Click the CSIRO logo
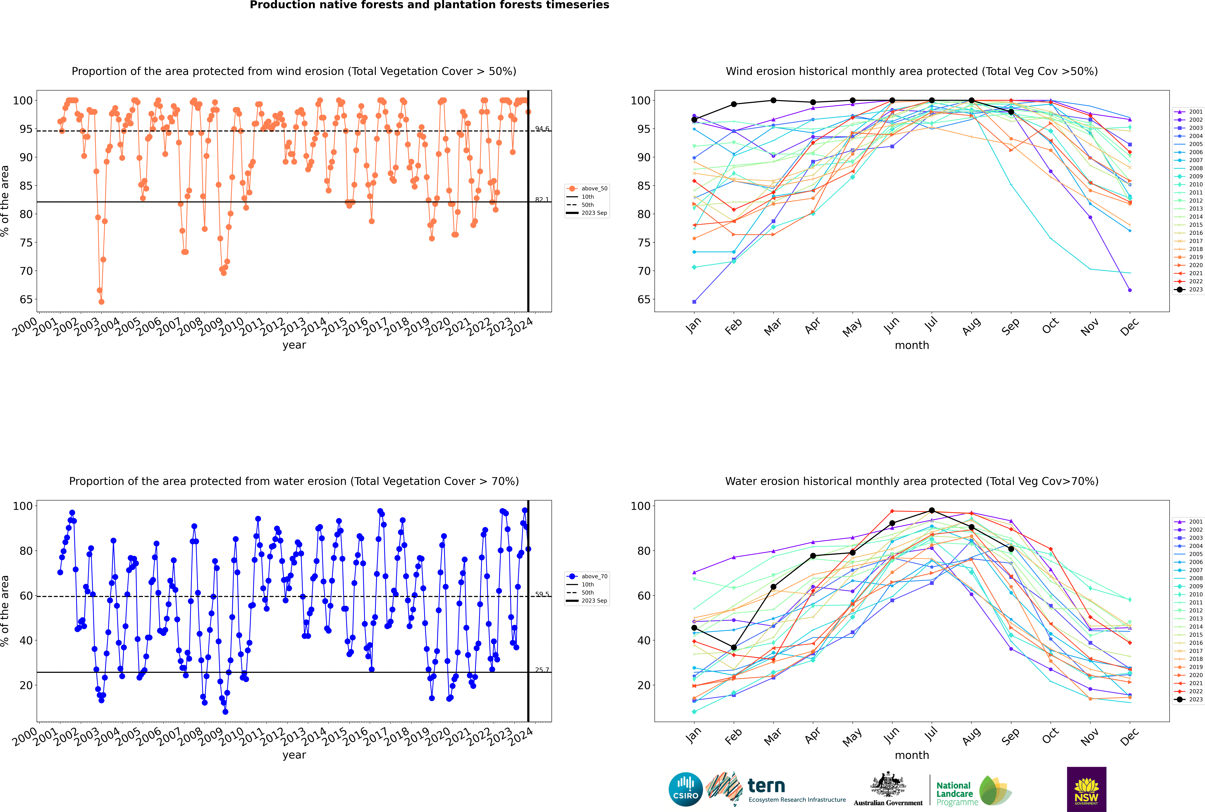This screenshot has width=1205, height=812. tap(685, 789)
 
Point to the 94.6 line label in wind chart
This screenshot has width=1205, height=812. tap(542, 128)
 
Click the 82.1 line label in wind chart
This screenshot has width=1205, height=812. tap(542, 199)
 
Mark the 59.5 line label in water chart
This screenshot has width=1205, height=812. tap(542, 594)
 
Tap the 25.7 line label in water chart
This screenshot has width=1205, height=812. tap(542, 670)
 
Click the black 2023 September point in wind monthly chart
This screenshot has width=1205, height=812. tap(1011, 112)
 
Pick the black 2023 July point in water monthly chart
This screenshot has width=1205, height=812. tap(931, 511)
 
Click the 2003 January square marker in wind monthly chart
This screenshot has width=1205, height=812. tap(694, 301)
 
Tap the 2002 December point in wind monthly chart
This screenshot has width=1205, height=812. tap(1130, 290)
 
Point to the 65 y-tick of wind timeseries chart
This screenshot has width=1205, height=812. tap(26, 299)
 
